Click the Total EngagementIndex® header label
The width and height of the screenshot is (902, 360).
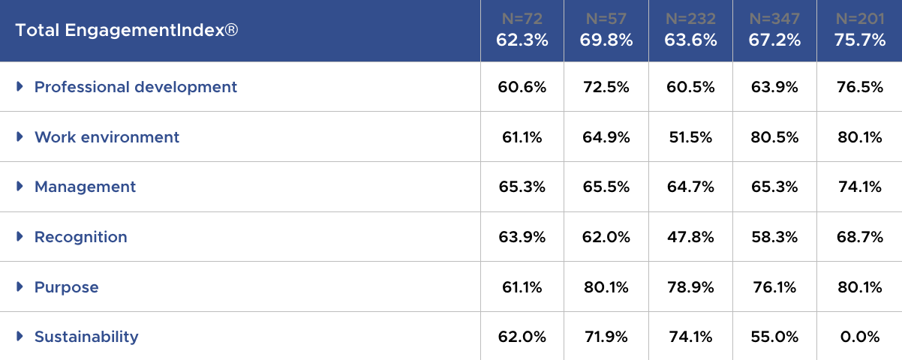click(x=127, y=31)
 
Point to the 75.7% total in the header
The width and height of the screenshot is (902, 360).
click(x=859, y=40)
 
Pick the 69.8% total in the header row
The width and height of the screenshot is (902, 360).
click(x=606, y=40)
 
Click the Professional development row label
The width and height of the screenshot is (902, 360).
click(x=136, y=87)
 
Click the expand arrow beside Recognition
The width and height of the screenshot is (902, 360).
click(x=20, y=237)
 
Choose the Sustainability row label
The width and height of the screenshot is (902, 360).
click(x=86, y=337)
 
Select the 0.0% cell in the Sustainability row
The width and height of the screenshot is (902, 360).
click(x=859, y=337)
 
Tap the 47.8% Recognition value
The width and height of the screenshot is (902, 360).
click(x=690, y=237)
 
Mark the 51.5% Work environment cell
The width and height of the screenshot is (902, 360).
click(x=690, y=137)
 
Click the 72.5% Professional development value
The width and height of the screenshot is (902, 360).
click(x=606, y=87)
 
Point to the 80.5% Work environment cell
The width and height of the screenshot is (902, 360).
click(x=774, y=137)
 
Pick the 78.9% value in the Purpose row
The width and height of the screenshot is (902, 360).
click(x=690, y=287)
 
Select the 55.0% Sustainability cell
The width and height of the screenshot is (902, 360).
click(x=774, y=337)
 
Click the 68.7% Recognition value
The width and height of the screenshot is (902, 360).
click(x=859, y=237)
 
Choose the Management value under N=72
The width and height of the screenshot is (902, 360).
click(x=522, y=187)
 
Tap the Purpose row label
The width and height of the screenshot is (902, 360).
click(x=67, y=287)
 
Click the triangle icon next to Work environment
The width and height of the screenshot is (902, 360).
click(x=20, y=137)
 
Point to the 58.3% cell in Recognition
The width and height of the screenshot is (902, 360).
click(x=774, y=237)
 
